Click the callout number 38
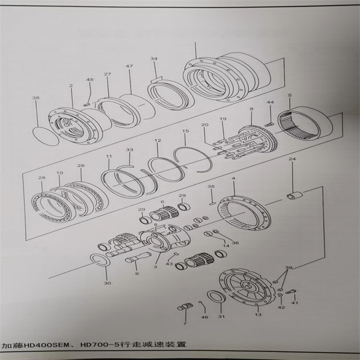(36, 98)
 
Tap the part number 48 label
(89, 80)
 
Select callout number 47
(129, 66)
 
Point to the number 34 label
(154, 58)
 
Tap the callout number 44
(270, 102)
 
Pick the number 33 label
(129, 150)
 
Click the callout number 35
(211, 186)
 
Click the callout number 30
(107, 283)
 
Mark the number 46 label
(204, 318)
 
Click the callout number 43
(169, 264)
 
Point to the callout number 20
(205, 124)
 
